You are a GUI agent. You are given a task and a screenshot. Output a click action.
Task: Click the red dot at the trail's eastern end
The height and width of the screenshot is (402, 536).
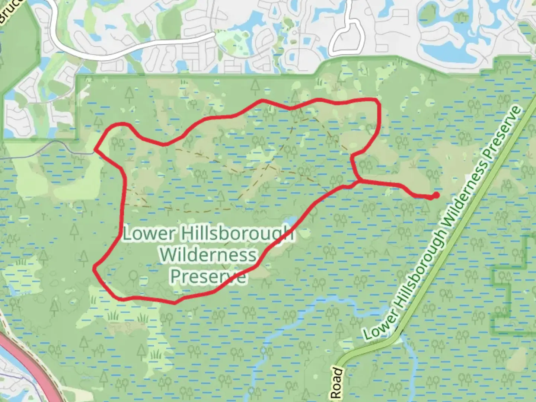click(436, 195)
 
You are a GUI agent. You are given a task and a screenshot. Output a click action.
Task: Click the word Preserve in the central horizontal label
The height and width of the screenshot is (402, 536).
click(208, 276)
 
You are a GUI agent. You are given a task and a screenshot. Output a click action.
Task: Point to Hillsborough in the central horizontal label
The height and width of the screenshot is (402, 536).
click(237, 234)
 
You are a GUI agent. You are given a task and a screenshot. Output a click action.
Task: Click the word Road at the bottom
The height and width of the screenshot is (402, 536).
click(336, 383)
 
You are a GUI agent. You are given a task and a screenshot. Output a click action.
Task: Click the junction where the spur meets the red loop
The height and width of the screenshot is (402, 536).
click(359, 181)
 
